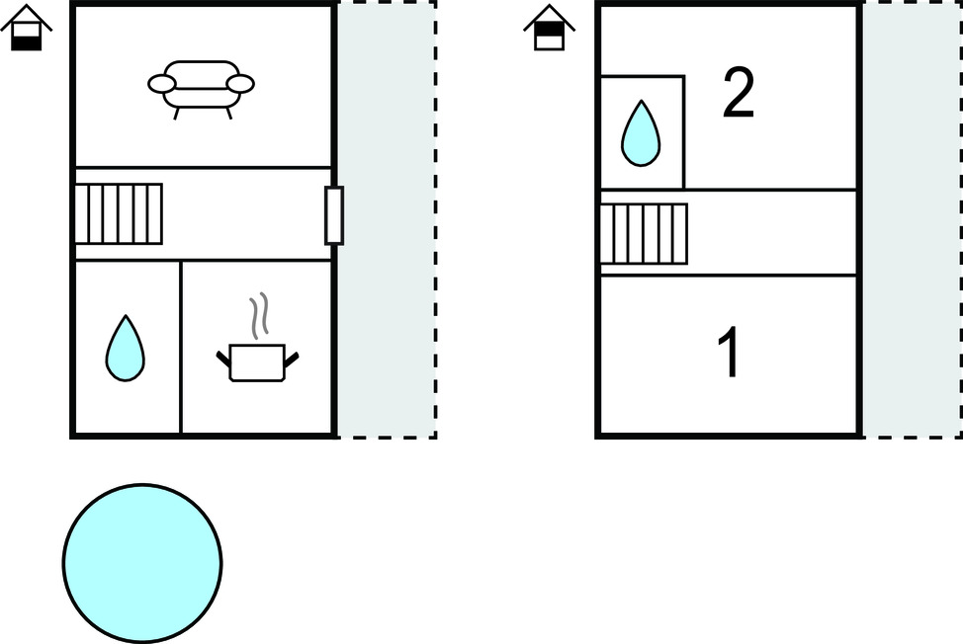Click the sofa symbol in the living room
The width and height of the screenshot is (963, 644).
(x=201, y=87)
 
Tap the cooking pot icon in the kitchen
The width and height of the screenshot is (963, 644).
(x=257, y=362)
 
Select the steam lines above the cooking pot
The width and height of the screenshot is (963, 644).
(x=259, y=317)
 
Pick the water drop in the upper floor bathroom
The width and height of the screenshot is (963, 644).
(x=641, y=133)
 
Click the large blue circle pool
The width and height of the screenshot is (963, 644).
(x=142, y=563)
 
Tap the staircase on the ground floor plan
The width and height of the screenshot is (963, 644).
(x=120, y=213)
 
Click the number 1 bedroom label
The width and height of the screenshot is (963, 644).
(x=729, y=354)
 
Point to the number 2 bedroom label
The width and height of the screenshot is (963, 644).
(x=739, y=94)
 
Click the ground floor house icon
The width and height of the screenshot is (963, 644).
(x=27, y=29)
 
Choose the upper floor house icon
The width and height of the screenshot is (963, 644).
(x=549, y=29)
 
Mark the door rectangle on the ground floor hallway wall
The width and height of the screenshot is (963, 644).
(x=334, y=214)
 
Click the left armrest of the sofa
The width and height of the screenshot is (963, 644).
(x=161, y=84)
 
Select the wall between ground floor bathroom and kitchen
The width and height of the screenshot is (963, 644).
(x=181, y=346)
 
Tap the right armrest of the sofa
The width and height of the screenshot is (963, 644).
(x=240, y=84)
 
